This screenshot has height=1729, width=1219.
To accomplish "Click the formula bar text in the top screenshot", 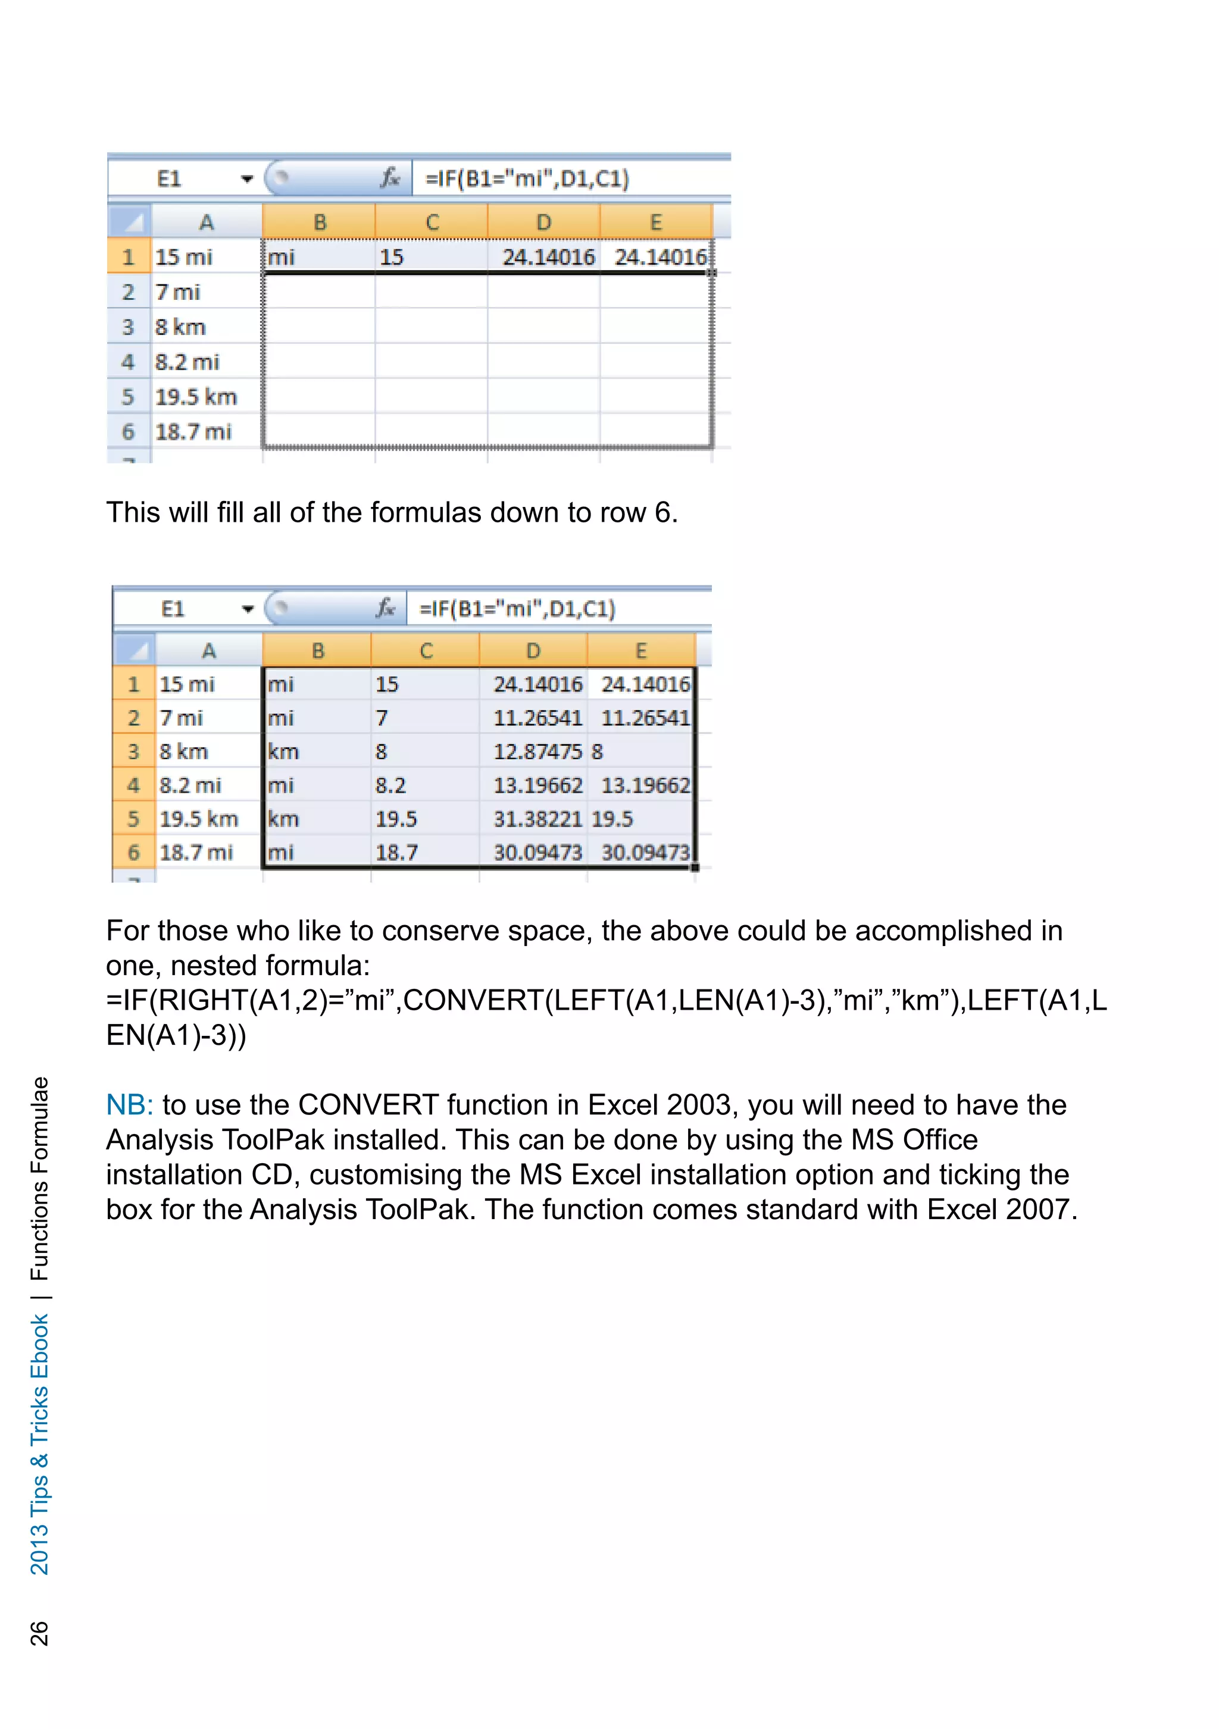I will (x=527, y=178).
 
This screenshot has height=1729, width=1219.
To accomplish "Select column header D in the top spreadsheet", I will (x=543, y=222).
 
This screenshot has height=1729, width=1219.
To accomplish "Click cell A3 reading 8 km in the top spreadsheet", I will (x=181, y=327).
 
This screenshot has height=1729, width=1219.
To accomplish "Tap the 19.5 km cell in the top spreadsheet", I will (x=196, y=397).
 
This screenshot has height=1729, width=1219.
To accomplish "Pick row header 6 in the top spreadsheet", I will (x=128, y=431).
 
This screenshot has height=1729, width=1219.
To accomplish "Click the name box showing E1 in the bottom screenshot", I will (x=173, y=609).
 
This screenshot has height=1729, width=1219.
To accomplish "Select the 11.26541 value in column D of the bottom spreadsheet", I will (x=537, y=718).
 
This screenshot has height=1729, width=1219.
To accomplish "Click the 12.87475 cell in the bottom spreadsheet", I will (x=537, y=751).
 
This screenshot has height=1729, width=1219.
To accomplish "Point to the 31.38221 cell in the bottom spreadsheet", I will (x=537, y=819).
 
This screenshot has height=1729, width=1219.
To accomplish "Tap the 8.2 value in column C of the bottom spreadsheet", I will (x=390, y=785).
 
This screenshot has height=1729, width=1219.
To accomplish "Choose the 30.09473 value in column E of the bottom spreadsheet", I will (x=645, y=853).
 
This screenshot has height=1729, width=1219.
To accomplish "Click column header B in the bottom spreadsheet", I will (x=318, y=651).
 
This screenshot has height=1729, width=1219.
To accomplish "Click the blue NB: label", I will (x=130, y=1105).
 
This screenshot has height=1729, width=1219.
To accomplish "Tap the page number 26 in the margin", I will (x=39, y=1633).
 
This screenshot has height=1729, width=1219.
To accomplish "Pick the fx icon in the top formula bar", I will (x=389, y=178).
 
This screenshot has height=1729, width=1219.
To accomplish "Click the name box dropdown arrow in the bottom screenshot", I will (x=248, y=609).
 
